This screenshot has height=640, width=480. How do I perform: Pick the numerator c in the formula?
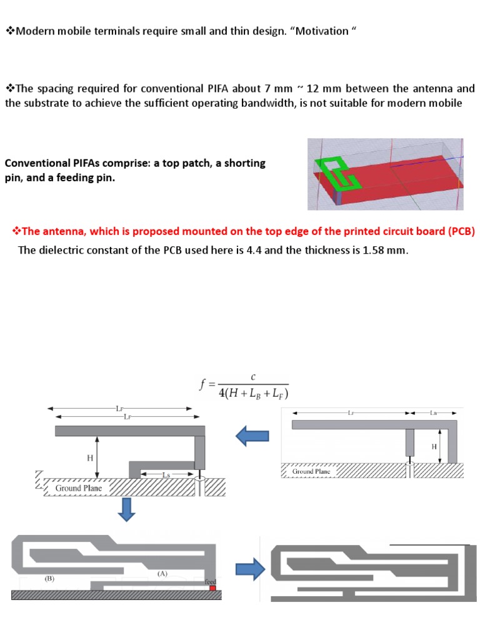[x=252, y=377]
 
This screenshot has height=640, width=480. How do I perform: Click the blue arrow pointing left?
[x=252, y=436]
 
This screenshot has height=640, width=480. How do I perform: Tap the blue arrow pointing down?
[x=127, y=509]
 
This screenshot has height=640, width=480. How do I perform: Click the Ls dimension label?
[x=166, y=475]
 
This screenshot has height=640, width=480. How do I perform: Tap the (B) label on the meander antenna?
[x=50, y=578]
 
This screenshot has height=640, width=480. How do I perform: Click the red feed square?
[x=212, y=588]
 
